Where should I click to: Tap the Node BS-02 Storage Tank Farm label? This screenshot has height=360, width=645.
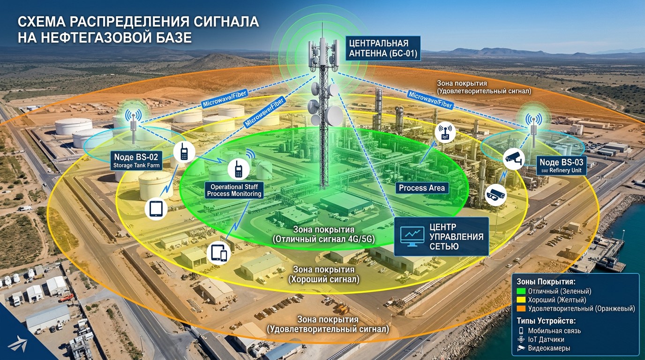point(136,160)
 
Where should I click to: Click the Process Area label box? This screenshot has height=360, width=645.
point(421,188)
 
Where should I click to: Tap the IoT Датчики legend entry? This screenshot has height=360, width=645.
point(546,339)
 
